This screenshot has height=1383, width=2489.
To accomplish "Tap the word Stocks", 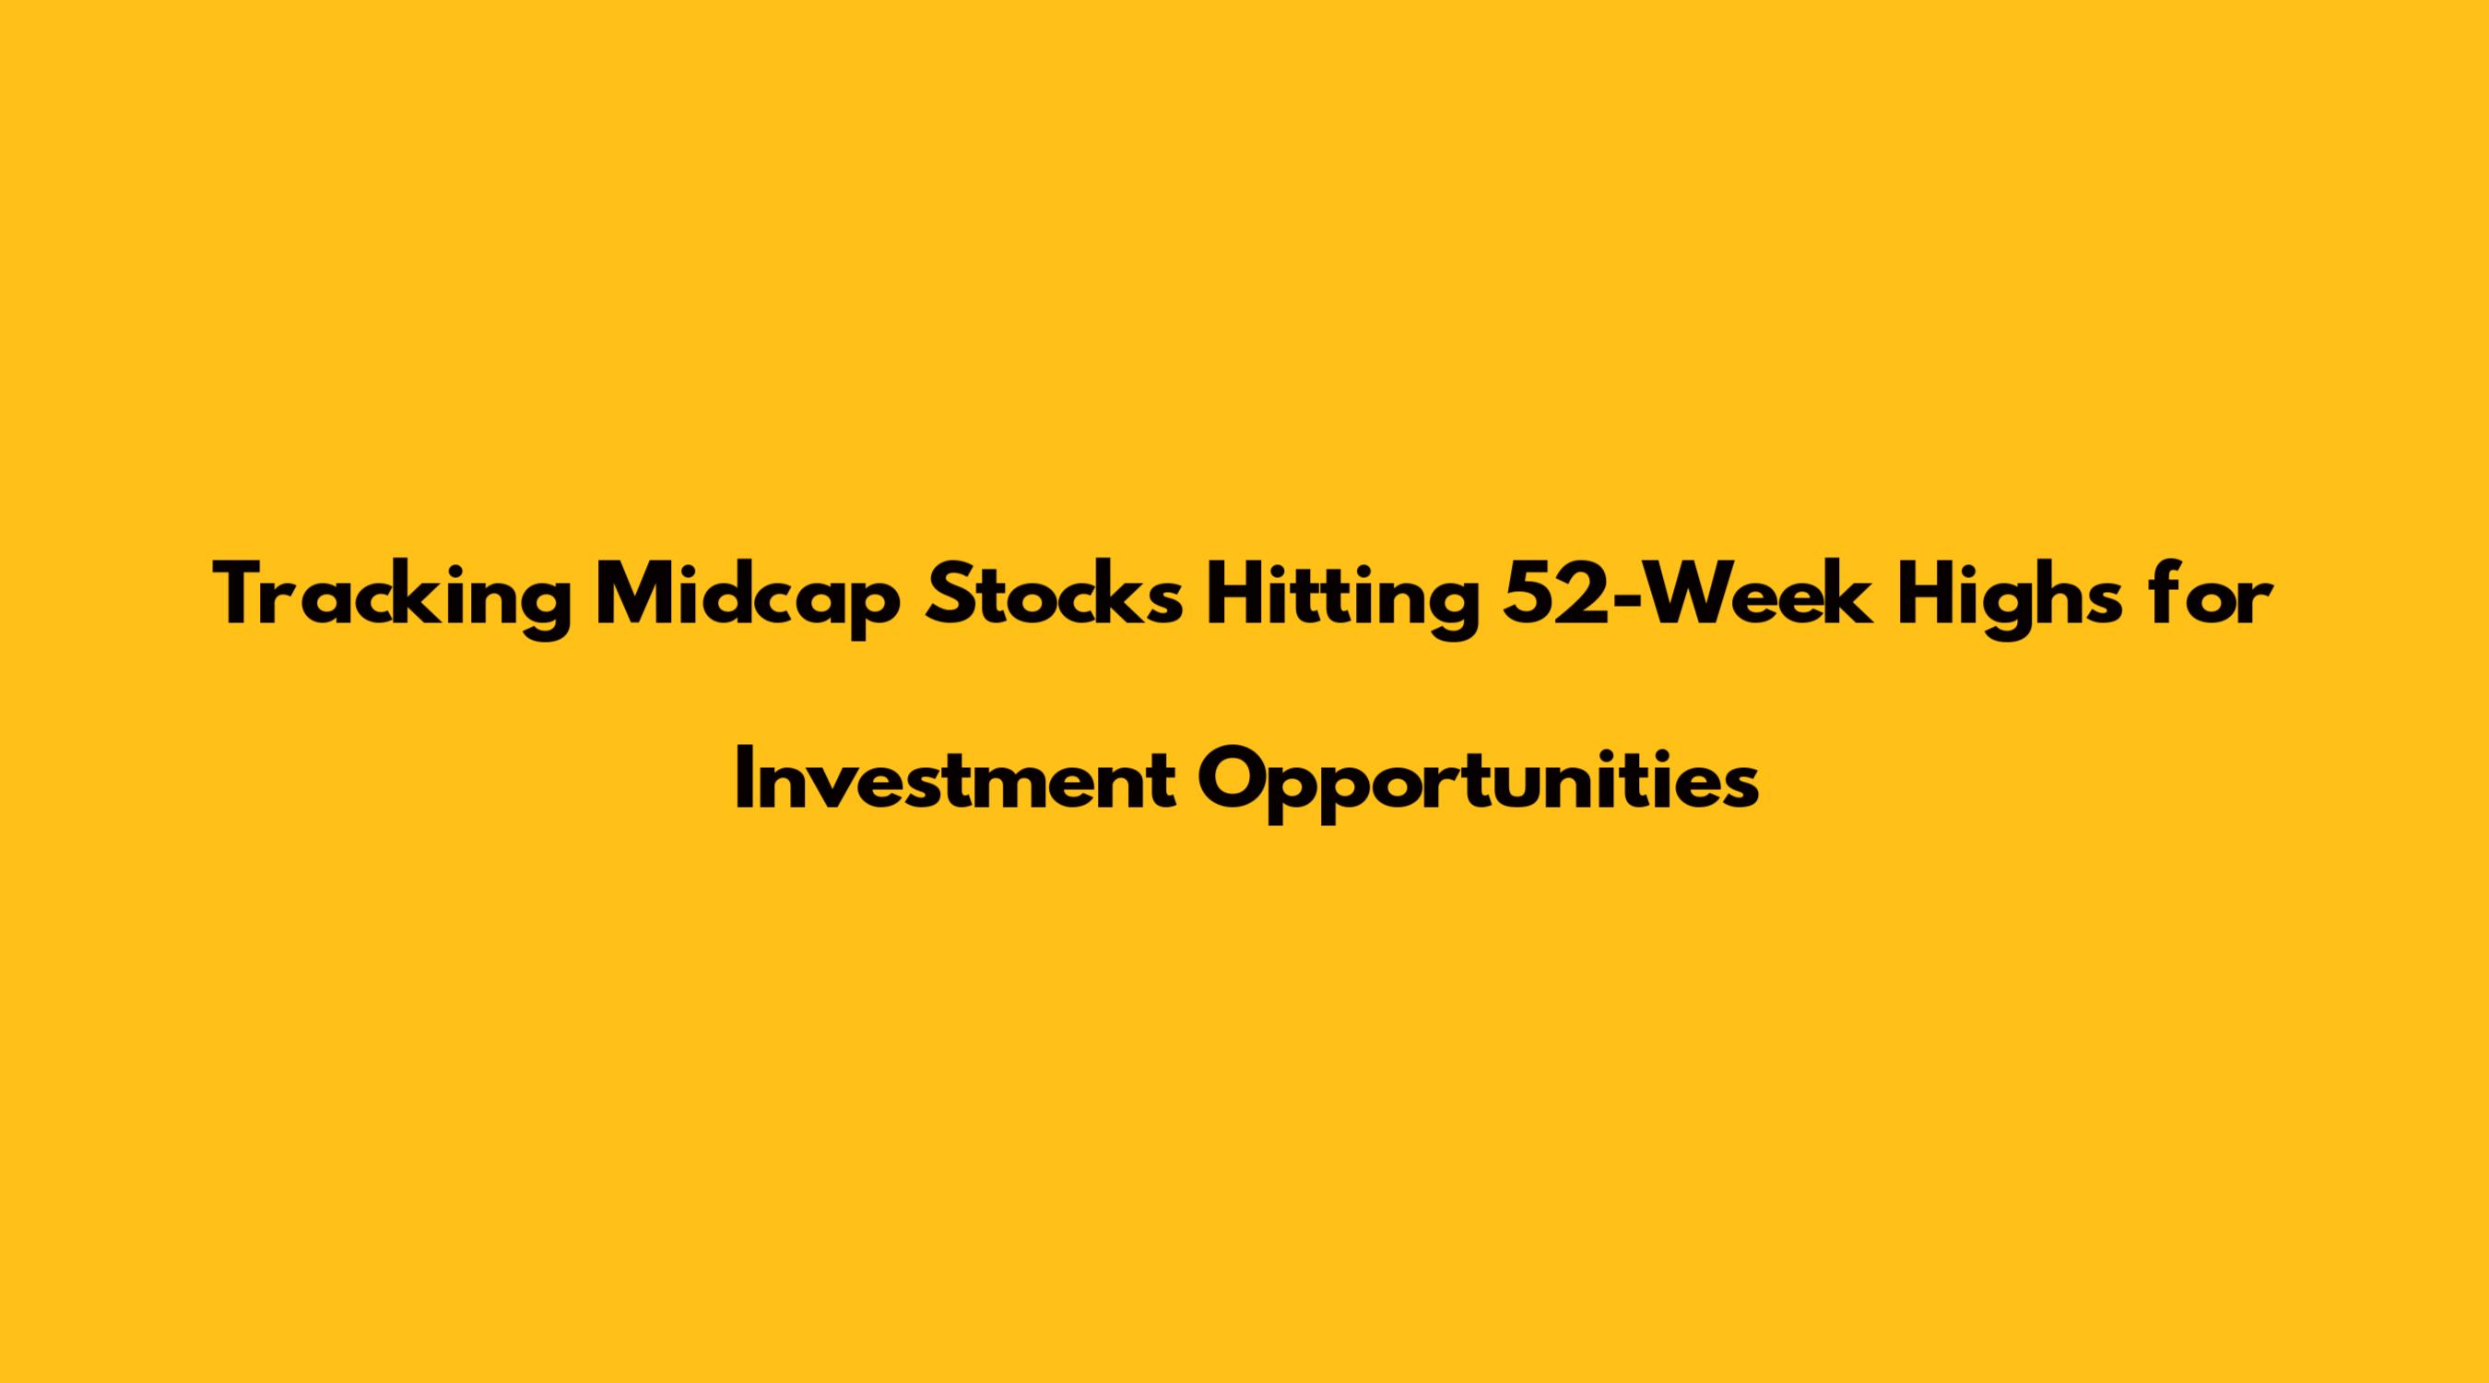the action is (1053, 594).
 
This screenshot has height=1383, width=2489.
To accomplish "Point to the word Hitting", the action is (1343, 598).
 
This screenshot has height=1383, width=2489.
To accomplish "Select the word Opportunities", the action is (1479, 781).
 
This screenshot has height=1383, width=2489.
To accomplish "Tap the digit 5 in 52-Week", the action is (1529, 596).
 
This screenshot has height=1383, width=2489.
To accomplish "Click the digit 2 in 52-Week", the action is (1586, 595).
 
